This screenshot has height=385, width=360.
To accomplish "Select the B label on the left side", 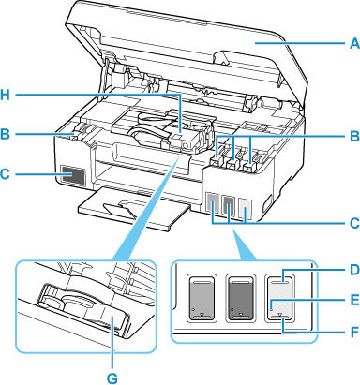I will tap(8, 135).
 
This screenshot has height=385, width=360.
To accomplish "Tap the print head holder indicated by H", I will tap(178, 141).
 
